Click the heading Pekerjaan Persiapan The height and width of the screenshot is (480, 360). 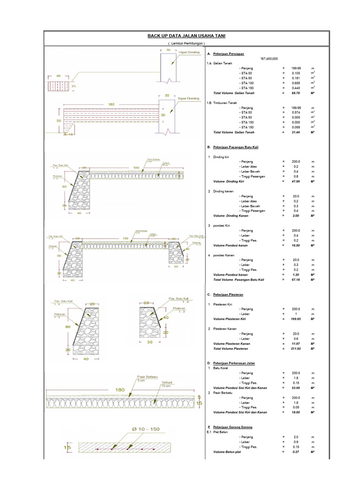pyautogui.click(x=229, y=54)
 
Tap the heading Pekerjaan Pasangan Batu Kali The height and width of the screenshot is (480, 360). pyautogui.click(x=236, y=147)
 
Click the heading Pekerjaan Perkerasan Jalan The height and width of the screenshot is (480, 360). pyautogui.click(x=234, y=363)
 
